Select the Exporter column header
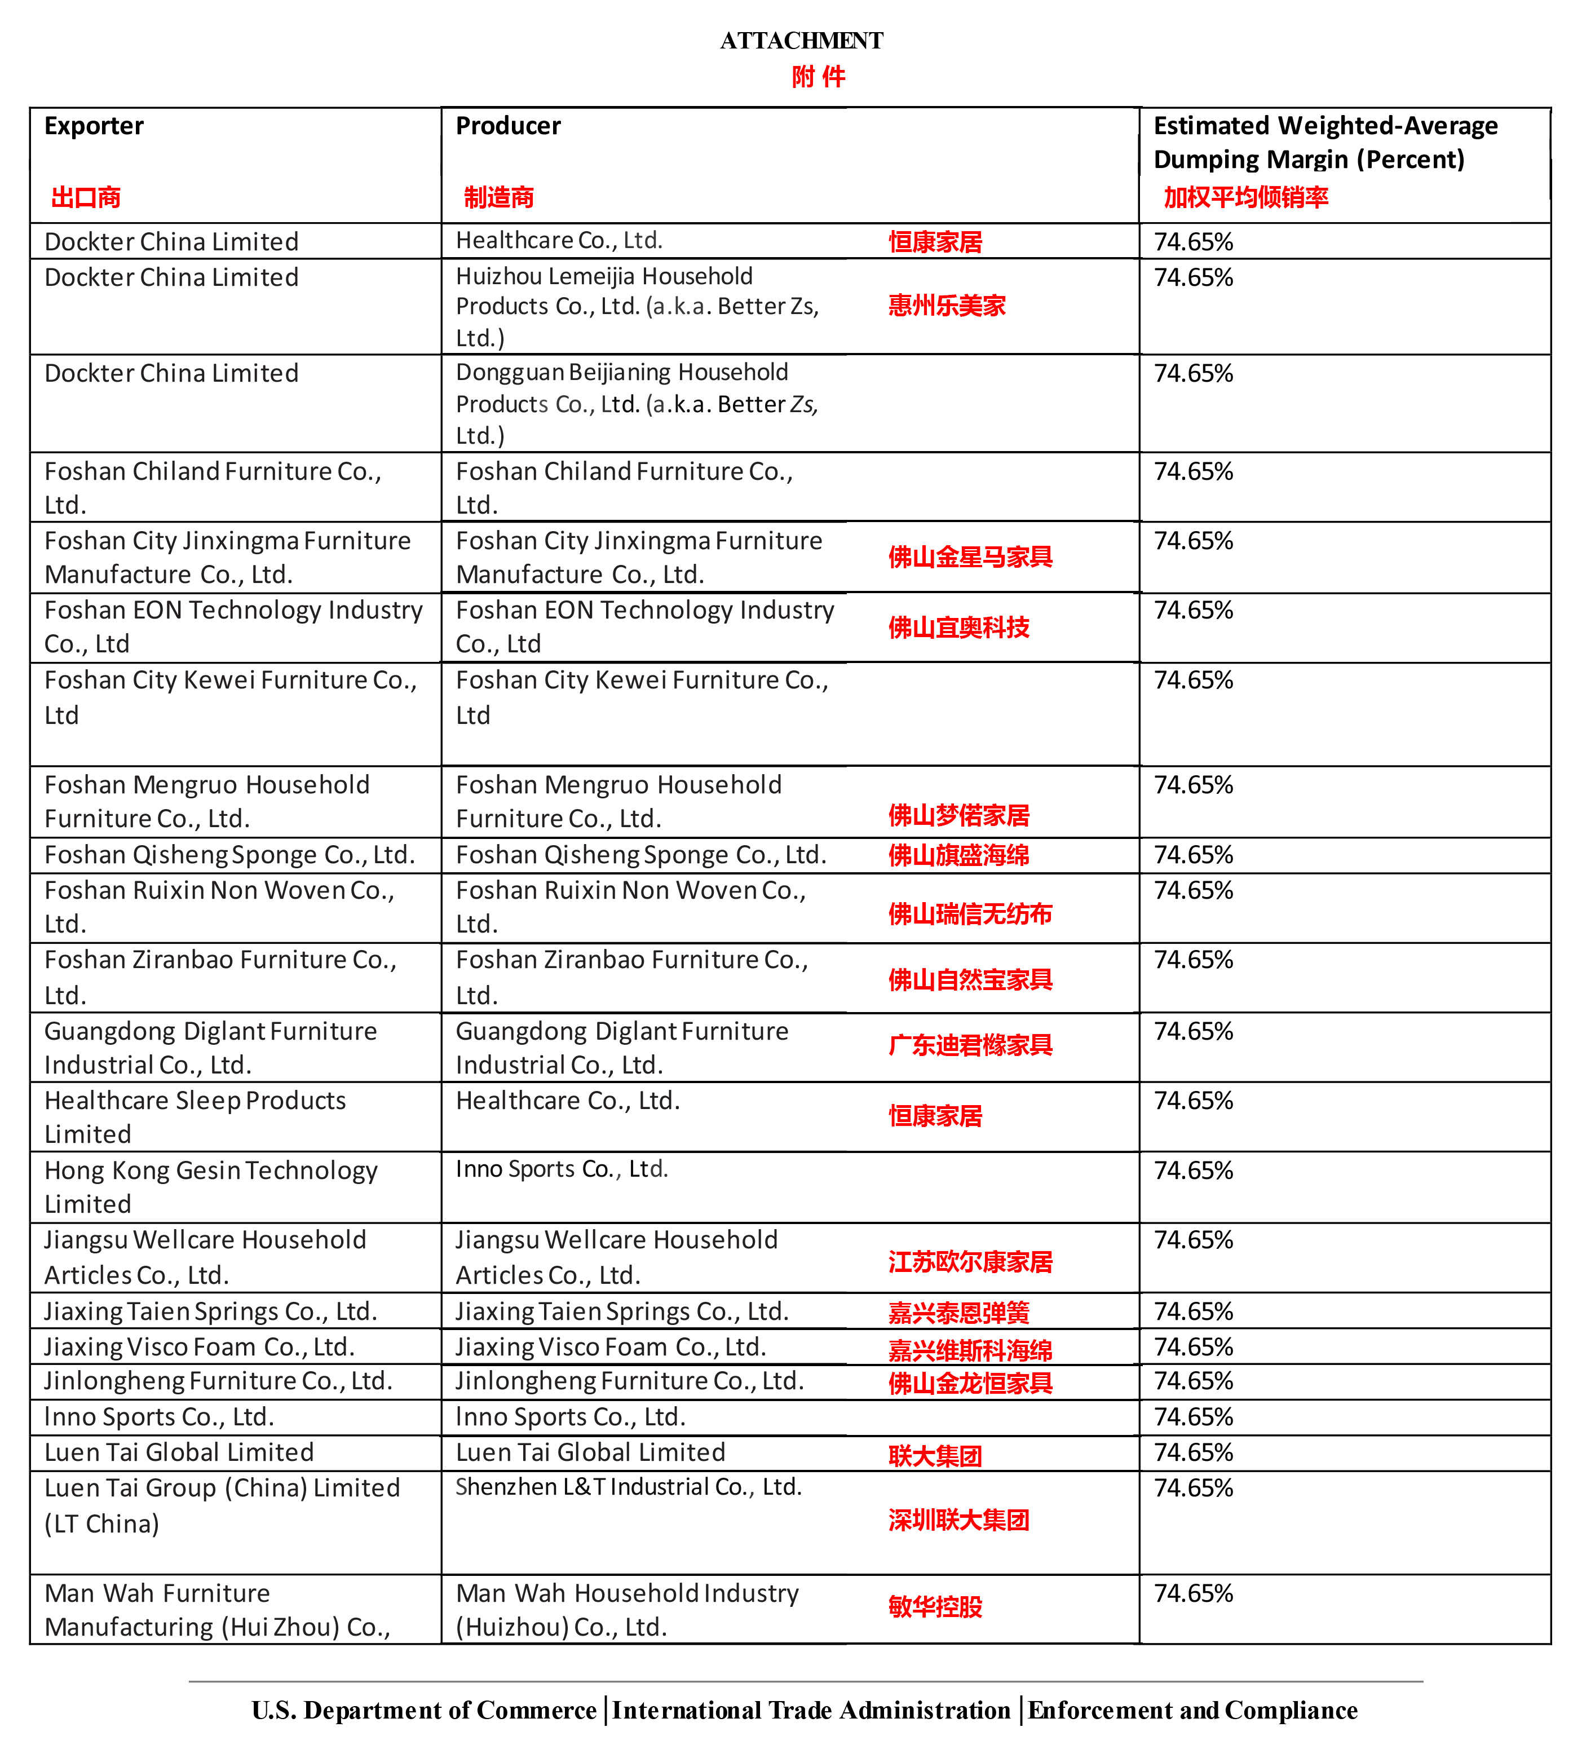[94, 126]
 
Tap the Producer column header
[509, 126]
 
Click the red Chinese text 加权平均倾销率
[1245, 198]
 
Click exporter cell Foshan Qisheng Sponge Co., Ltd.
[229, 855]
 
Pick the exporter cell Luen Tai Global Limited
[179, 1452]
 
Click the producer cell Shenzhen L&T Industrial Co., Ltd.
[628, 1487]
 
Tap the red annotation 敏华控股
[935, 1606]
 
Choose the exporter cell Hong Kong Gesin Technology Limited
[210, 1187]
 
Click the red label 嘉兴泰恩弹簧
[958, 1313]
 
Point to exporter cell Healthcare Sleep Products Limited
[195, 1117]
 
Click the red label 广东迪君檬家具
[970, 1045]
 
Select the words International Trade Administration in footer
[811, 1710]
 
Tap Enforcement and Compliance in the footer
[1191, 1710]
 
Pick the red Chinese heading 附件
[818, 78]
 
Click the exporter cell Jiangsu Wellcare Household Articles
[205, 1257]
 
